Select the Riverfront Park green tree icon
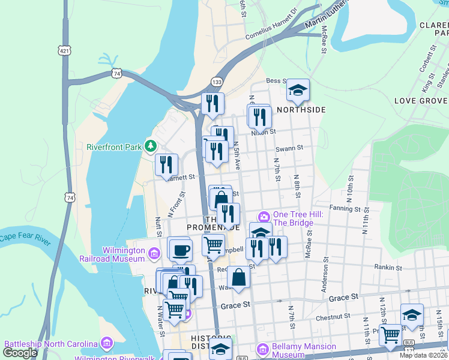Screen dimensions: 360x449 pyautogui.click(x=151, y=146)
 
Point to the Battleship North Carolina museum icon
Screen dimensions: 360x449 pyautogui.click(x=107, y=343)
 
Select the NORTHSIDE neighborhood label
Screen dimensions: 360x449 pyautogui.click(x=301, y=110)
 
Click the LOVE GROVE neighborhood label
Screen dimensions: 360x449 pyautogui.click(x=421, y=100)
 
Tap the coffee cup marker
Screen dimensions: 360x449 pyautogui.click(x=180, y=250)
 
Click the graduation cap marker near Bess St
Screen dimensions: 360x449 pyautogui.click(x=297, y=90)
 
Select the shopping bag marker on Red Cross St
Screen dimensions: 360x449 pyautogui.click(x=239, y=277)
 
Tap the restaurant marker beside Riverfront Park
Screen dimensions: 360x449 pyautogui.click(x=166, y=165)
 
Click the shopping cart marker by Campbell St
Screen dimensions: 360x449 pyautogui.click(x=214, y=245)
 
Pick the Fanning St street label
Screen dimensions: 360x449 pyautogui.click(x=345, y=209)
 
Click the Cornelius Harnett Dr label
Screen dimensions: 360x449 pyautogui.click(x=271, y=25)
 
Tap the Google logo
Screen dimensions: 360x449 pyautogui.click(x=20, y=353)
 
